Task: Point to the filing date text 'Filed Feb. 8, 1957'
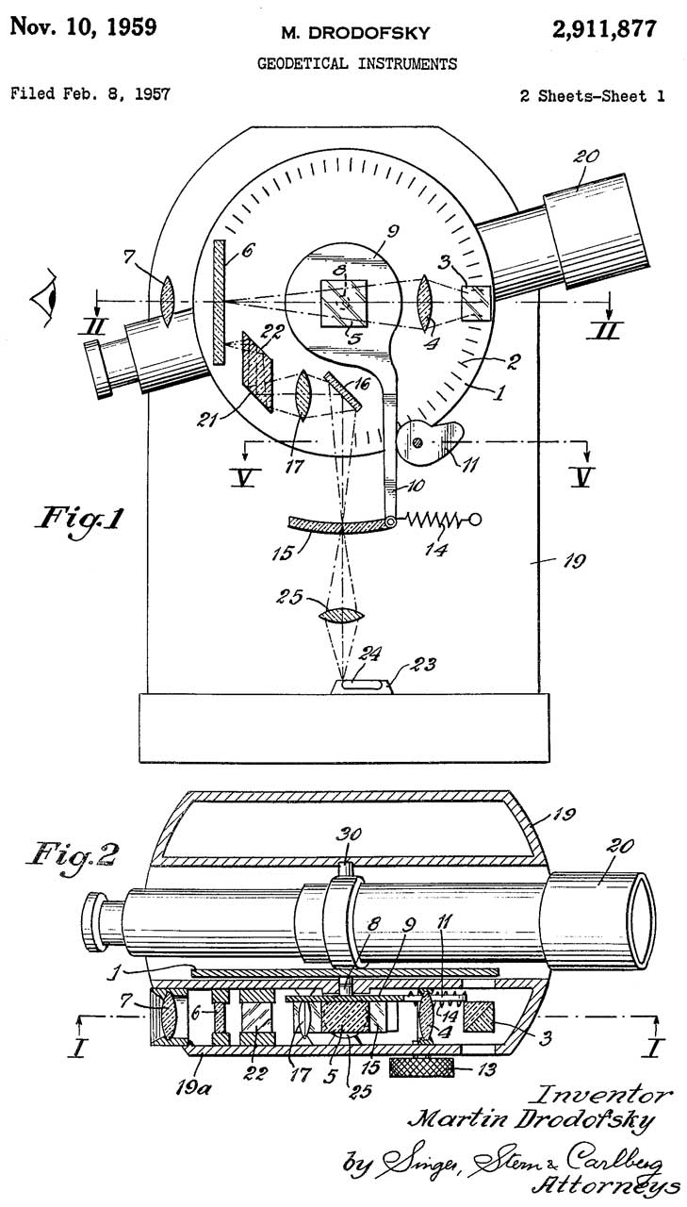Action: (x=90, y=95)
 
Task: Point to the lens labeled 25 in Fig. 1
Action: (x=342, y=616)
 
